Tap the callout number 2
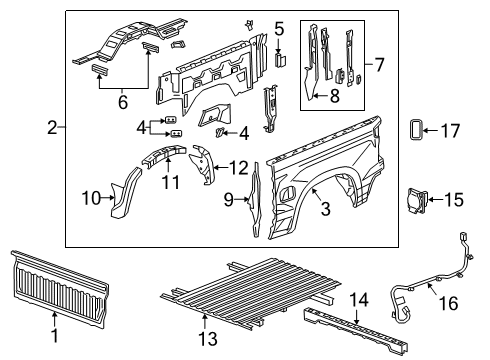pyautogui.click(x=52, y=128)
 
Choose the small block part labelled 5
pyautogui.click(x=281, y=58)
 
